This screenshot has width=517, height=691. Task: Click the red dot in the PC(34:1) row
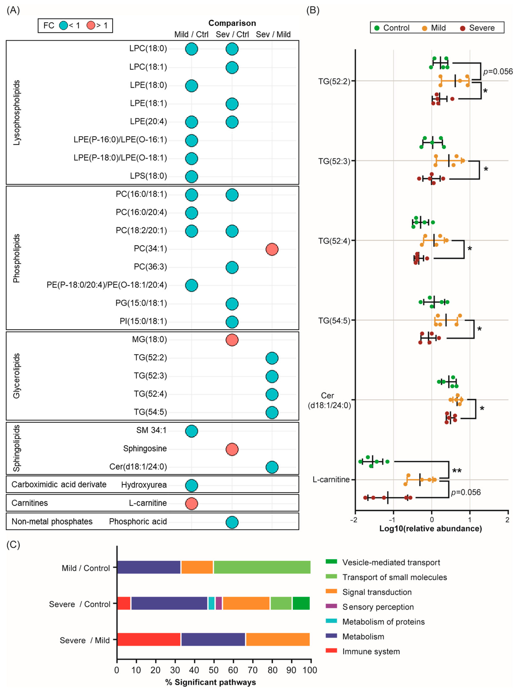(272, 249)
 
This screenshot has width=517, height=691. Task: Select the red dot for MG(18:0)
(232, 340)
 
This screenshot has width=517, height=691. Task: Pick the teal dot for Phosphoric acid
(232, 522)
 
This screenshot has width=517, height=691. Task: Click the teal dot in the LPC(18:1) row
(232, 67)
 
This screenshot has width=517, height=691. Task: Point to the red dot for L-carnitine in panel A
(191, 504)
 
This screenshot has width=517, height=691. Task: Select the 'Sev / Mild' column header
(273, 34)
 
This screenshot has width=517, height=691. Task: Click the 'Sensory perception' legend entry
(378, 607)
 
